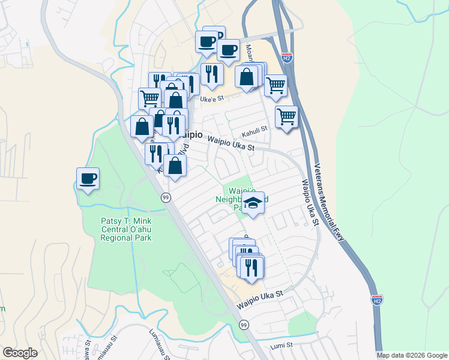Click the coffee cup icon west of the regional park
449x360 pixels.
click(88, 178)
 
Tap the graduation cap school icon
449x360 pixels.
click(253, 205)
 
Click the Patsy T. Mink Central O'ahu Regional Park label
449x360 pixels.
click(125, 229)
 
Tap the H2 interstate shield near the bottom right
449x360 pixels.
click(376, 299)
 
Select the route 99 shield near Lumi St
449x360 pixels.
click(243, 325)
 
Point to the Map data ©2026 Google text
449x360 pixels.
click(411, 355)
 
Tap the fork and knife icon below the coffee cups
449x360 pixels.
click(212, 74)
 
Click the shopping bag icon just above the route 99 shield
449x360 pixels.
click(175, 166)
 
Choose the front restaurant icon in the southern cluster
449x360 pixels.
click(252, 268)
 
